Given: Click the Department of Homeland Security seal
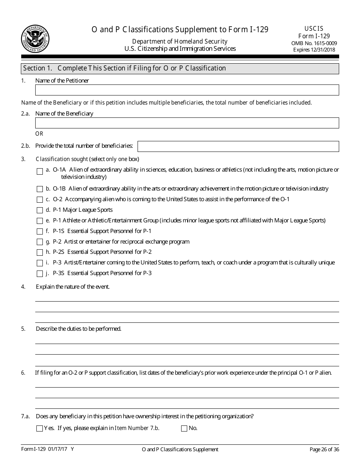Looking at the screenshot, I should click(35, 38).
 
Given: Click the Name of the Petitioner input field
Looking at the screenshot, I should click(187, 90).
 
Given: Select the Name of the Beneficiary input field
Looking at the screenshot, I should click(187, 123).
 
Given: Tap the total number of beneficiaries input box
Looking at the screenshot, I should click(238, 146).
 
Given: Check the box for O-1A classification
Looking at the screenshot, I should click(40, 172).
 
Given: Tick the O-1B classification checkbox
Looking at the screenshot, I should click(40, 189).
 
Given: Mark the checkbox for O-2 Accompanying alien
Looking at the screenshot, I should click(40, 200).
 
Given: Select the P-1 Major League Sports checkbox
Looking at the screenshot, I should click(40, 210).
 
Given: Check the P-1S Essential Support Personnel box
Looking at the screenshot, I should click(40, 231).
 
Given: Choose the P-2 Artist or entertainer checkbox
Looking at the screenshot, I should click(40, 242).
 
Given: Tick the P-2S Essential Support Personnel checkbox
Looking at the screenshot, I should click(40, 252).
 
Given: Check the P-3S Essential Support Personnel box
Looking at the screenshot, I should click(40, 274).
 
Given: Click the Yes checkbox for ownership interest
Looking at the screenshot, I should click(39, 429).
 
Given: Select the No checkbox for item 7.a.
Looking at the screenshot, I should click(184, 429).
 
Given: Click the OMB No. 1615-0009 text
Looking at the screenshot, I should click(314, 43).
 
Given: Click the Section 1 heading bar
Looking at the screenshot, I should click(180, 69).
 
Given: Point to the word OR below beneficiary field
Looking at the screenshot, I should click(39, 134).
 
